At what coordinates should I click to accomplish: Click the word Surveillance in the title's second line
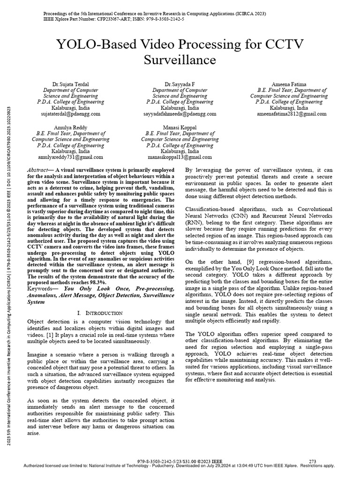point(180,60)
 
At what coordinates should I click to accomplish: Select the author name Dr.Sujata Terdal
point(70,84)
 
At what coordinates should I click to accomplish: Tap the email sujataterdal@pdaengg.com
point(70,114)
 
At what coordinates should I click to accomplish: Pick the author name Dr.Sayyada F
point(180,84)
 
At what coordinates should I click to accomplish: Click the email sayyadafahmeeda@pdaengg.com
point(180,114)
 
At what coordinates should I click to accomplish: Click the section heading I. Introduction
point(99,313)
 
